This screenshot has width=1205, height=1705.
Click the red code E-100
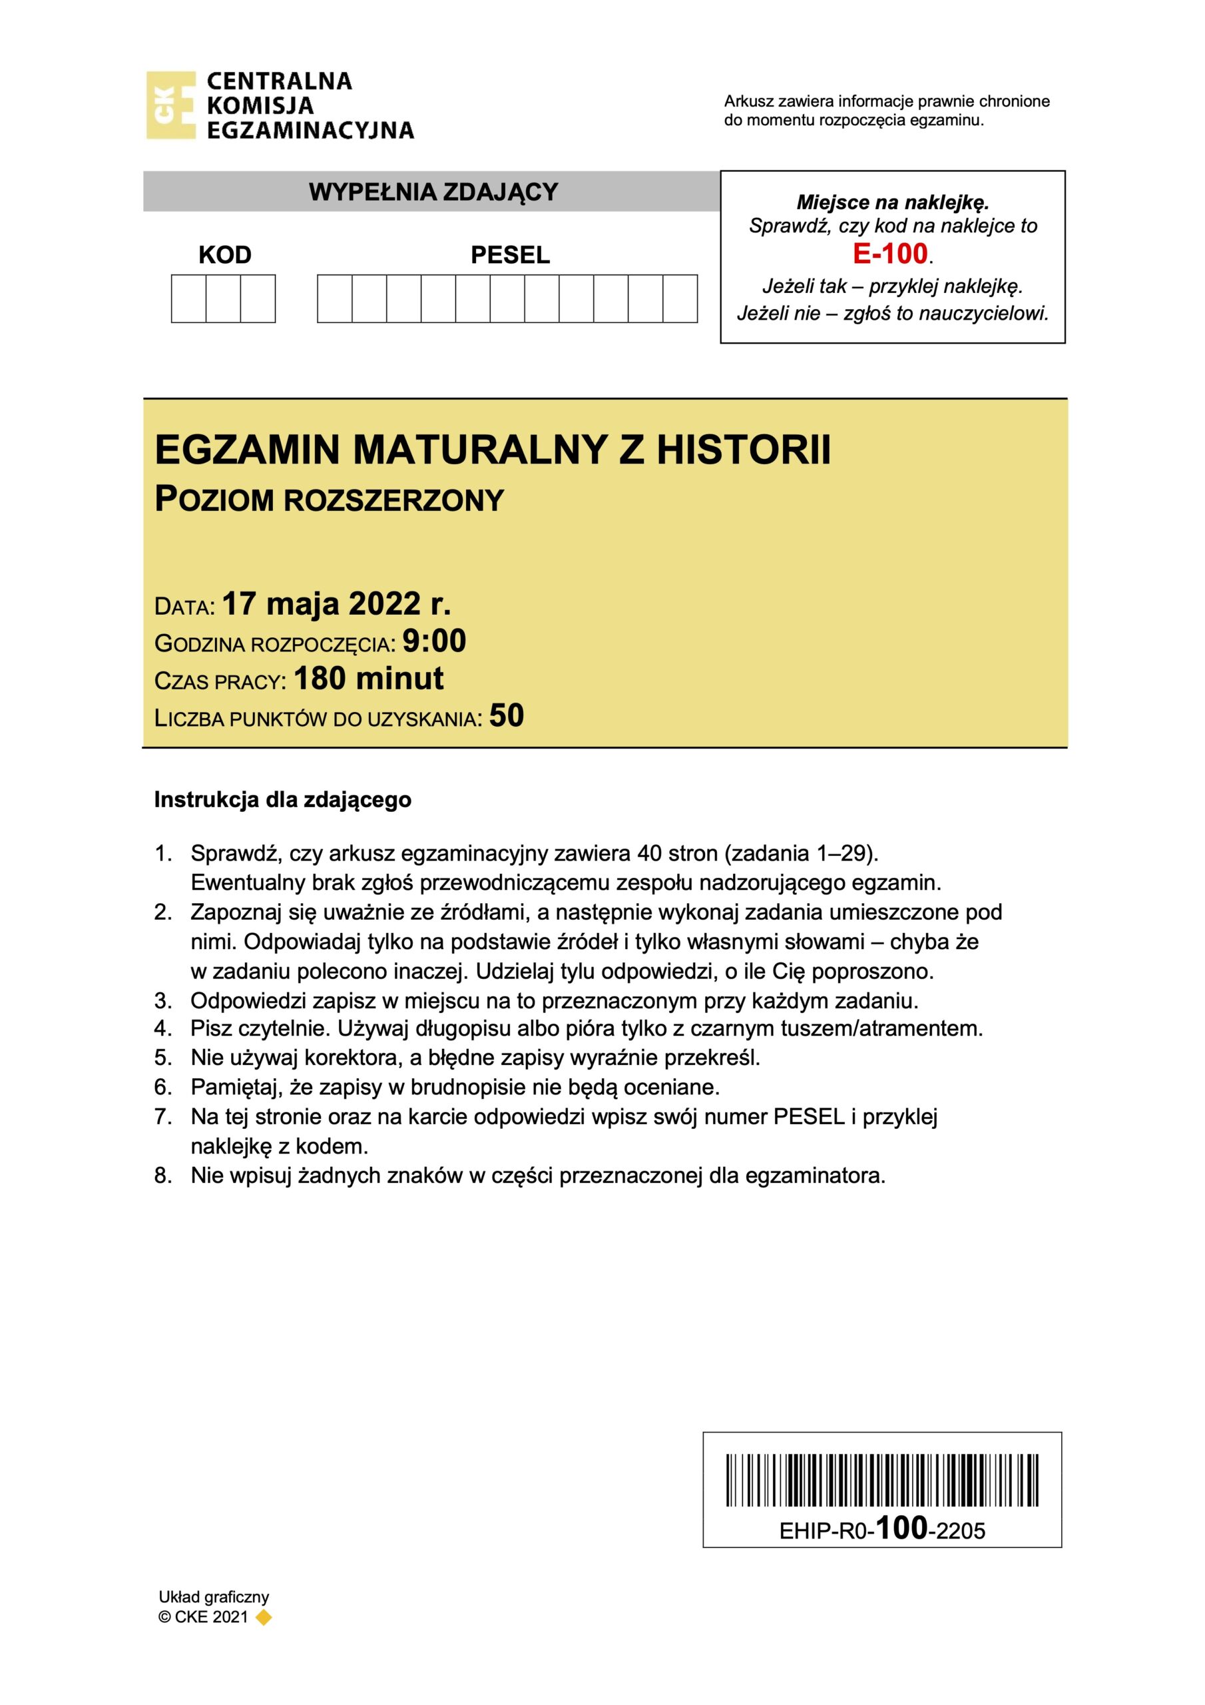(x=890, y=254)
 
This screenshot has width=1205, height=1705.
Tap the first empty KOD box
(x=188, y=298)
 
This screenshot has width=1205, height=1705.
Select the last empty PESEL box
(x=679, y=298)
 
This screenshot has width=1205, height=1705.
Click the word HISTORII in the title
(x=743, y=450)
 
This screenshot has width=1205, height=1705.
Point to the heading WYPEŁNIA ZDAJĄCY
(x=433, y=192)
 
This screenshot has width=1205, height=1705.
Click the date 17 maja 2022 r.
(x=336, y=603)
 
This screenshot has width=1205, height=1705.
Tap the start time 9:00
(x=433, y=641)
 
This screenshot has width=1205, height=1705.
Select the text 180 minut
(x=368, y=678)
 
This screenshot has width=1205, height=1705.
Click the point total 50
(x=507, y=716)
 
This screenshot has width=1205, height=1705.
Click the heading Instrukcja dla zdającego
(x=282, y=800)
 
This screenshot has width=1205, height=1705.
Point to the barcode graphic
(x=882, y=1480)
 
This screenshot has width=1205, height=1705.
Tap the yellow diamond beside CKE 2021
(x=263, y=1616)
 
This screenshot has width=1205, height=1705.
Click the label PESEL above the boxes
(x=510, y=254)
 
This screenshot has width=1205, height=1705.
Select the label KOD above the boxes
(x=225, y=254)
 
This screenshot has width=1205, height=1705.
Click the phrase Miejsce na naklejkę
(x=892, y=202)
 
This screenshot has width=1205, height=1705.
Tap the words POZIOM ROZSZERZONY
(x=329, y=500)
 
